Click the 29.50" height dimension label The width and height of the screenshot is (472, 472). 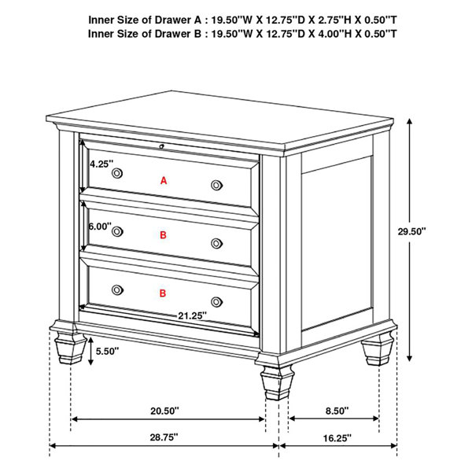click(x=411, y=231)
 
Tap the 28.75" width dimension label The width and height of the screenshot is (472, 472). click(x=164, y=437)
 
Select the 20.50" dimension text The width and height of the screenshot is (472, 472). click(x=164, y=411)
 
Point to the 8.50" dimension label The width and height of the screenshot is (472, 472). click(x=337, y=411)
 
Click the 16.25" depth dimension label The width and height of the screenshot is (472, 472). click(x=337, y=438)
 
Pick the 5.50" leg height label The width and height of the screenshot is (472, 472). click(x=107, y=351)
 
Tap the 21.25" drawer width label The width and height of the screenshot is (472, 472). click(x=193, y=315)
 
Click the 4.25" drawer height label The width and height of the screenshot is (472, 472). click(x=101, y=164)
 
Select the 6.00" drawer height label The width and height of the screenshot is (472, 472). click(x=100, y=226)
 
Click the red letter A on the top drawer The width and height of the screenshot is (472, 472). click(x=164, y=181)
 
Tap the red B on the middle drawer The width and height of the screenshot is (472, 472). click(x=163, y=234)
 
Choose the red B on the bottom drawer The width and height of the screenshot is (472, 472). click(x=163, y=293)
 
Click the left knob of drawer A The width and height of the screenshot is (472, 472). click(x=117, y=173)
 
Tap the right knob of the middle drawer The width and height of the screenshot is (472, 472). click(x=217, y=244)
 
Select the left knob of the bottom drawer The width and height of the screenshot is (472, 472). click(x=117, y=289)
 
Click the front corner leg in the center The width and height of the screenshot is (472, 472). click(x=277, y=383)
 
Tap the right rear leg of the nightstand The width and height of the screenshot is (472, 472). click(x=378, y=348)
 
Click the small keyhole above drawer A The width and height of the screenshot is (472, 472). click(x=161, y=146)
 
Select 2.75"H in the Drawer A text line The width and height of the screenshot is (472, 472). click(x=335, y=20)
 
